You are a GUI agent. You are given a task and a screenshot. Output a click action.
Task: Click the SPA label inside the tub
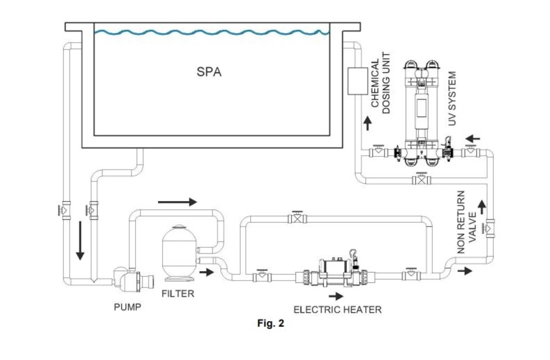point(209,72)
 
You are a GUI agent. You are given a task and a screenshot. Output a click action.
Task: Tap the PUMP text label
point(127,307)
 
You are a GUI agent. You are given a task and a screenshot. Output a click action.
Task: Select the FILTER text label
point(177,293)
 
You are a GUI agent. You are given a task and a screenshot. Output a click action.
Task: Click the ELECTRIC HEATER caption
point(337,309)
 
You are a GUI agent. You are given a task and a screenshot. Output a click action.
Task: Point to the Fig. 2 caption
point(270,323)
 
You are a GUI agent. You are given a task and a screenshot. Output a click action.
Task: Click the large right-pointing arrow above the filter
point(177,202)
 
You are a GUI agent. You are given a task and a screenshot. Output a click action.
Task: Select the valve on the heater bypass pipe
point(298,217)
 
